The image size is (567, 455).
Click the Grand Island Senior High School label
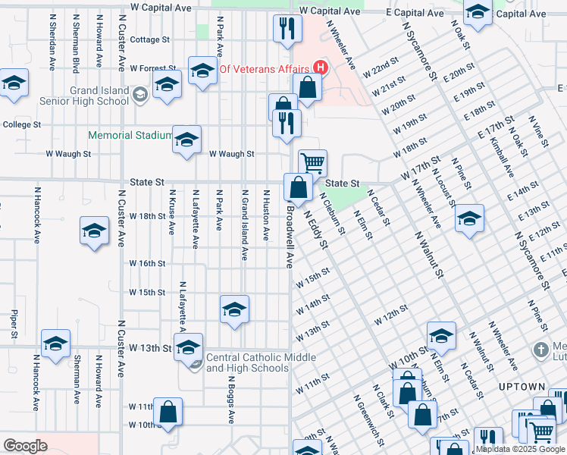point(99,96)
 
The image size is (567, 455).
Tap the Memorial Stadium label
point(130,136)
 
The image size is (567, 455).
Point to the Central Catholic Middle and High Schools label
point(247,363)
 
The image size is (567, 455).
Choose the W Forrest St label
point(153,68)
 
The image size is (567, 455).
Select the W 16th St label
point(147,263)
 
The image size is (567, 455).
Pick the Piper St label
point(14,322)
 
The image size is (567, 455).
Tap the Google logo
point(26,446)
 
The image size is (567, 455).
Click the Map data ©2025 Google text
point(519,450)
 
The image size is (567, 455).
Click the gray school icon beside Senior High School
point(139,95)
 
